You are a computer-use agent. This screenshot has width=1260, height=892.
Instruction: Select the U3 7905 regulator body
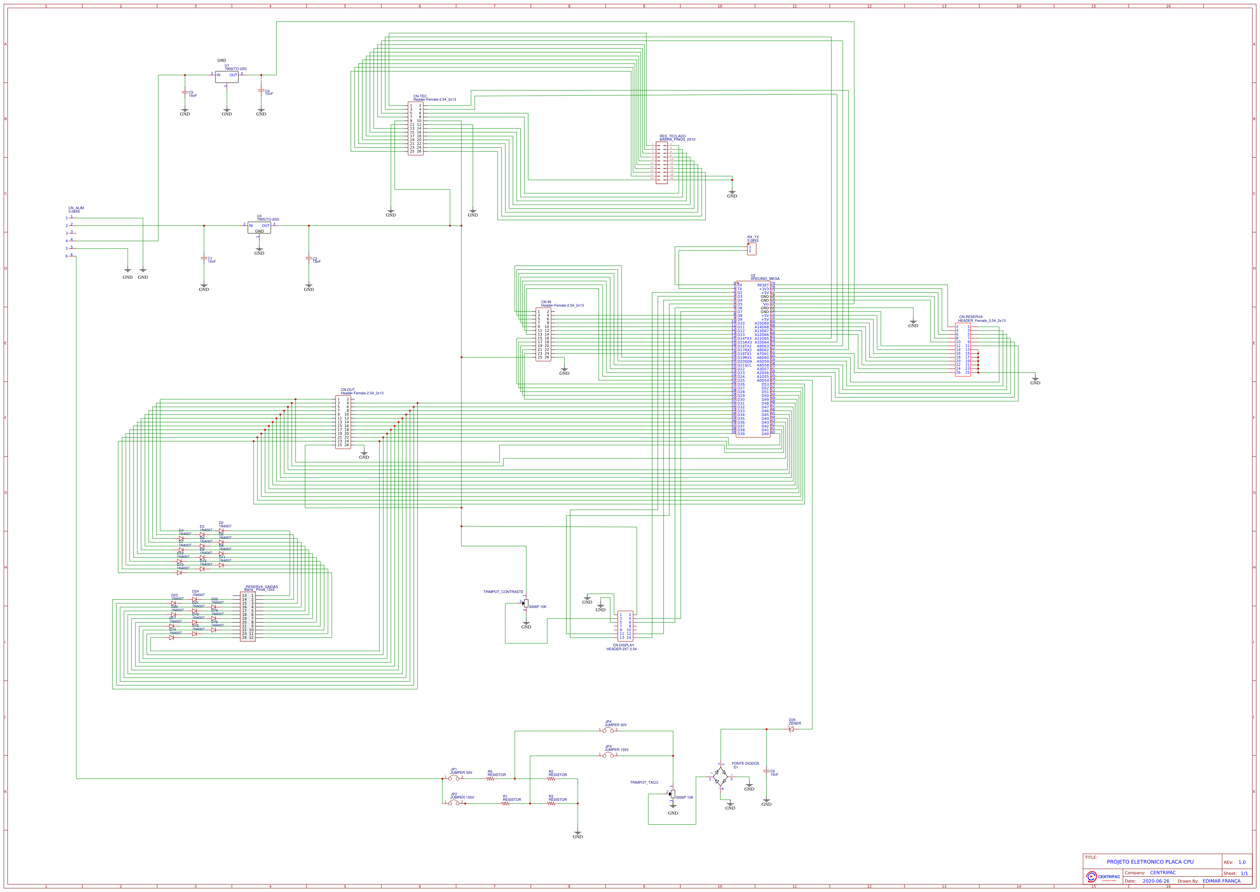pyautogui.click(x=259, y=227)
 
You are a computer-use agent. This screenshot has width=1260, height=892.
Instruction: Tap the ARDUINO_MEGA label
pyautogui.click(x=765, y=278)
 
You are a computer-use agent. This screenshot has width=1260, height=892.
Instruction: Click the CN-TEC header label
pyautogui.click(x=420, y=96)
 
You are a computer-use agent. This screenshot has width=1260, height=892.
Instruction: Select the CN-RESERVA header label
pyautogui.click(x=971, y=317)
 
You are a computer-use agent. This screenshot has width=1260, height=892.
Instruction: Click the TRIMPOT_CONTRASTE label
pyautogui.click(x=503, y=591)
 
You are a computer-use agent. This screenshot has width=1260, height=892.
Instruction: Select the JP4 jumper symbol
pyautogui.click(x=608, y=730)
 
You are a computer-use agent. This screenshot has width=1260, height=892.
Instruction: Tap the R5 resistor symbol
pyautogui.click(x=490, y=778)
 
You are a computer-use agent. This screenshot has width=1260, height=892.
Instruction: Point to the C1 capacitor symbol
pyautogui.click(x=204, y=258)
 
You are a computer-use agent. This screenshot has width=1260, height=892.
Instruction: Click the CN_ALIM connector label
pyautogui.click(x=76, y=208)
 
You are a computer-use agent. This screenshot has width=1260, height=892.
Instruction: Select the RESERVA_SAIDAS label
pyautogui.click(x=262, y=587)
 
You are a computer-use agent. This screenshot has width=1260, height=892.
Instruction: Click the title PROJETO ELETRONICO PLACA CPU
pyautogui.click(x=1150, y=862)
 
